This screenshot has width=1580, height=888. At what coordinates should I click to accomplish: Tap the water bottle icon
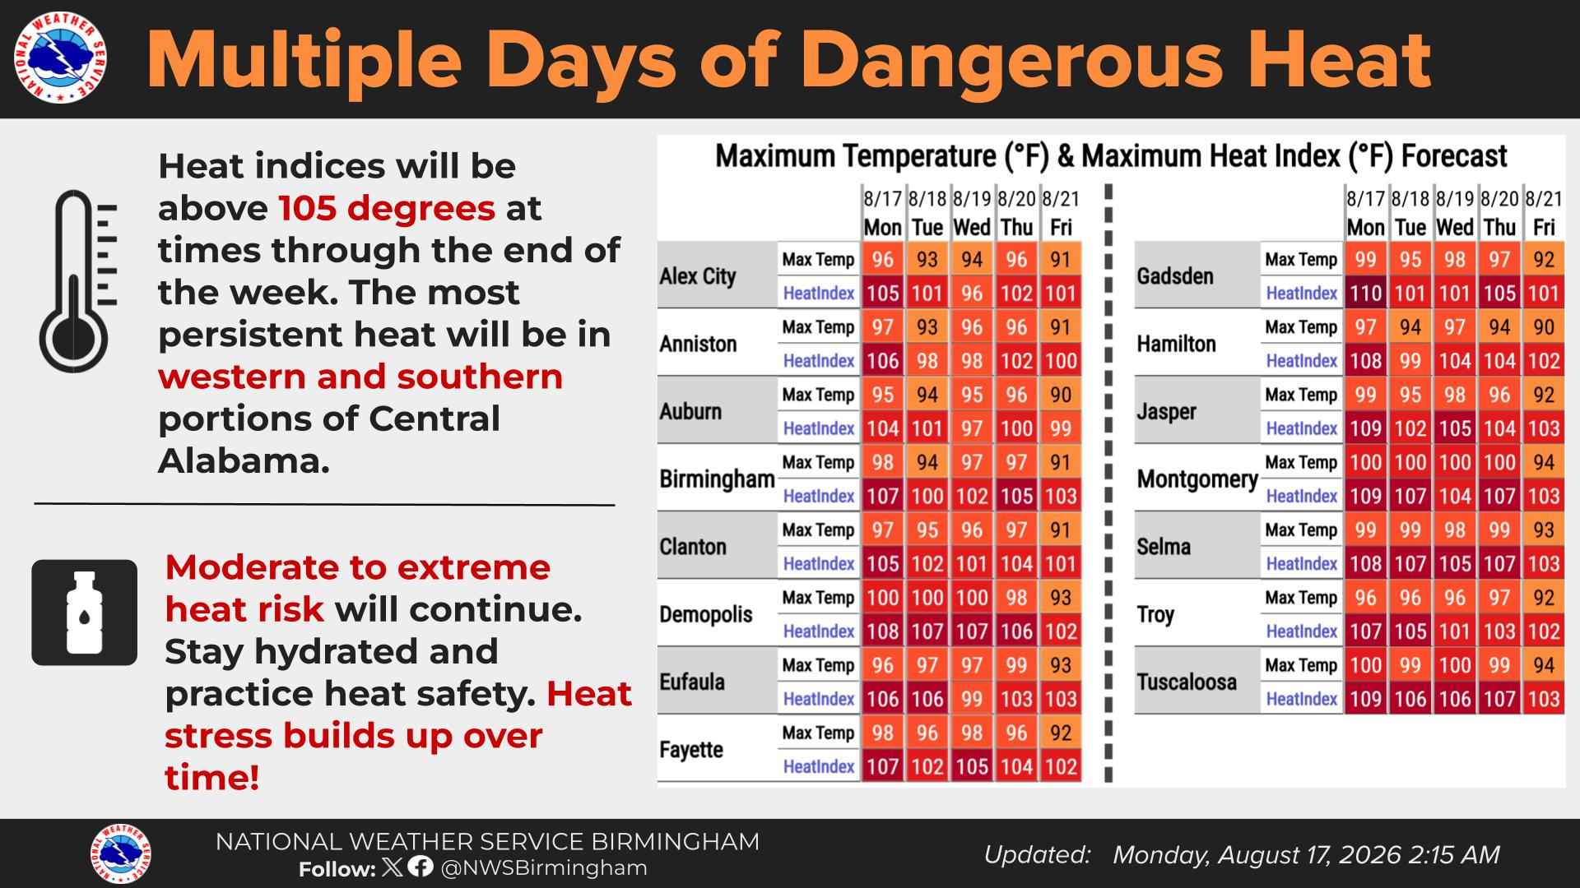(84, 613)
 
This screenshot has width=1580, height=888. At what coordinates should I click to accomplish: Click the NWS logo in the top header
(60, 59)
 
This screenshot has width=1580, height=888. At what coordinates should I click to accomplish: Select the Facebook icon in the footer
(421, 867)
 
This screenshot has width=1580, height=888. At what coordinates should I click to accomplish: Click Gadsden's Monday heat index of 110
(1365, 293)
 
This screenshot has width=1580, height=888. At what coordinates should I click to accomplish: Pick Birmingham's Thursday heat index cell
(1016, 496)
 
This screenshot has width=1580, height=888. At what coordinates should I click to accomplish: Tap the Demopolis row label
(705, 614)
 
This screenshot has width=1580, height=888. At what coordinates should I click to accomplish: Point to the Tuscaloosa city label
(1186, 682)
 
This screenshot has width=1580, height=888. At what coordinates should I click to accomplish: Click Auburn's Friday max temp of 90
(1061, 395)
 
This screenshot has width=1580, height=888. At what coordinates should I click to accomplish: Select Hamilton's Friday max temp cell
(1544, 327)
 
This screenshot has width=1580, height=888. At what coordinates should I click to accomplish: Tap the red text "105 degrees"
(387, 208)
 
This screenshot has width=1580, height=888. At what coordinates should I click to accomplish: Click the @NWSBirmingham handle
(544, 867)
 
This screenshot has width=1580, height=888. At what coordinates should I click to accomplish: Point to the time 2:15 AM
(1454, 855)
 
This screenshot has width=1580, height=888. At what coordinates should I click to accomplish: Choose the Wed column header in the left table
(972, 227)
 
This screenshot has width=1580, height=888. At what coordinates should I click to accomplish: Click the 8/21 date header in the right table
(1544, 199)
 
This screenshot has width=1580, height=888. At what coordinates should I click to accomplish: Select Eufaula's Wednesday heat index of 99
(972, 699)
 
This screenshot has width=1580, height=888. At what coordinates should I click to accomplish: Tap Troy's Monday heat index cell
(1365, 631)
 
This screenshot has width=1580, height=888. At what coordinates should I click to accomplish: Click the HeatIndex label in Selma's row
(1301, 564)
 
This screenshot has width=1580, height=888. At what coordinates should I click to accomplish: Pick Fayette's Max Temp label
(818, 733)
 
